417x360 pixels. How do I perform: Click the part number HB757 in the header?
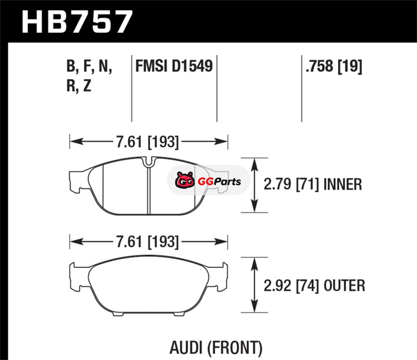coord(77,21)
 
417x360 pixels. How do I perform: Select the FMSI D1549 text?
coord(174,66)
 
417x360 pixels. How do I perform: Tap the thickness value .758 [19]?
coord(334,66)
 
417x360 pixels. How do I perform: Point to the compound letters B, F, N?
coord(89,66)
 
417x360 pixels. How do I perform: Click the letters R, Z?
coord(79,85)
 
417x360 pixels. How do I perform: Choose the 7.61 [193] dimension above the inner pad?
coord(148,142)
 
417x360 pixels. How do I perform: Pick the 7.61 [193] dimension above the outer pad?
coord(148,242)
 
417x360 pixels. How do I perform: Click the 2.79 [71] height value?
coord(291,184)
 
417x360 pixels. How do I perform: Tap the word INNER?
coord(342,184)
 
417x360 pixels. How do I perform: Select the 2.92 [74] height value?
coord(291,285)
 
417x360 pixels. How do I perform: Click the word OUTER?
coord(344,285)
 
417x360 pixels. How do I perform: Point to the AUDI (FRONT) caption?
coord(216,348)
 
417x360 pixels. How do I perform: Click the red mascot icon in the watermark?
coord(185,180)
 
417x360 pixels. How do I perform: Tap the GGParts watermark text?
coord(219,182)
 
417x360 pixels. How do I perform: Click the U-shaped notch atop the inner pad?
coord(149,162)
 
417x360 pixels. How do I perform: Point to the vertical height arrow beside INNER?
coord(254,185)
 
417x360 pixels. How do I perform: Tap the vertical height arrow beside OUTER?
coord(254,285)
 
